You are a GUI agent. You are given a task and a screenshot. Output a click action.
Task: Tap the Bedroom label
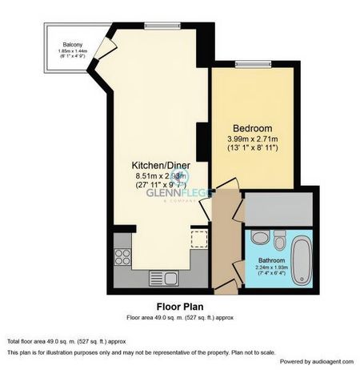pos(252,129)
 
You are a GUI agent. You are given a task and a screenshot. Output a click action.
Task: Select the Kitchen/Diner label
pos(159,164)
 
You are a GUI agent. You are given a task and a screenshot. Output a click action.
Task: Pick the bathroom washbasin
pos(258,238)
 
